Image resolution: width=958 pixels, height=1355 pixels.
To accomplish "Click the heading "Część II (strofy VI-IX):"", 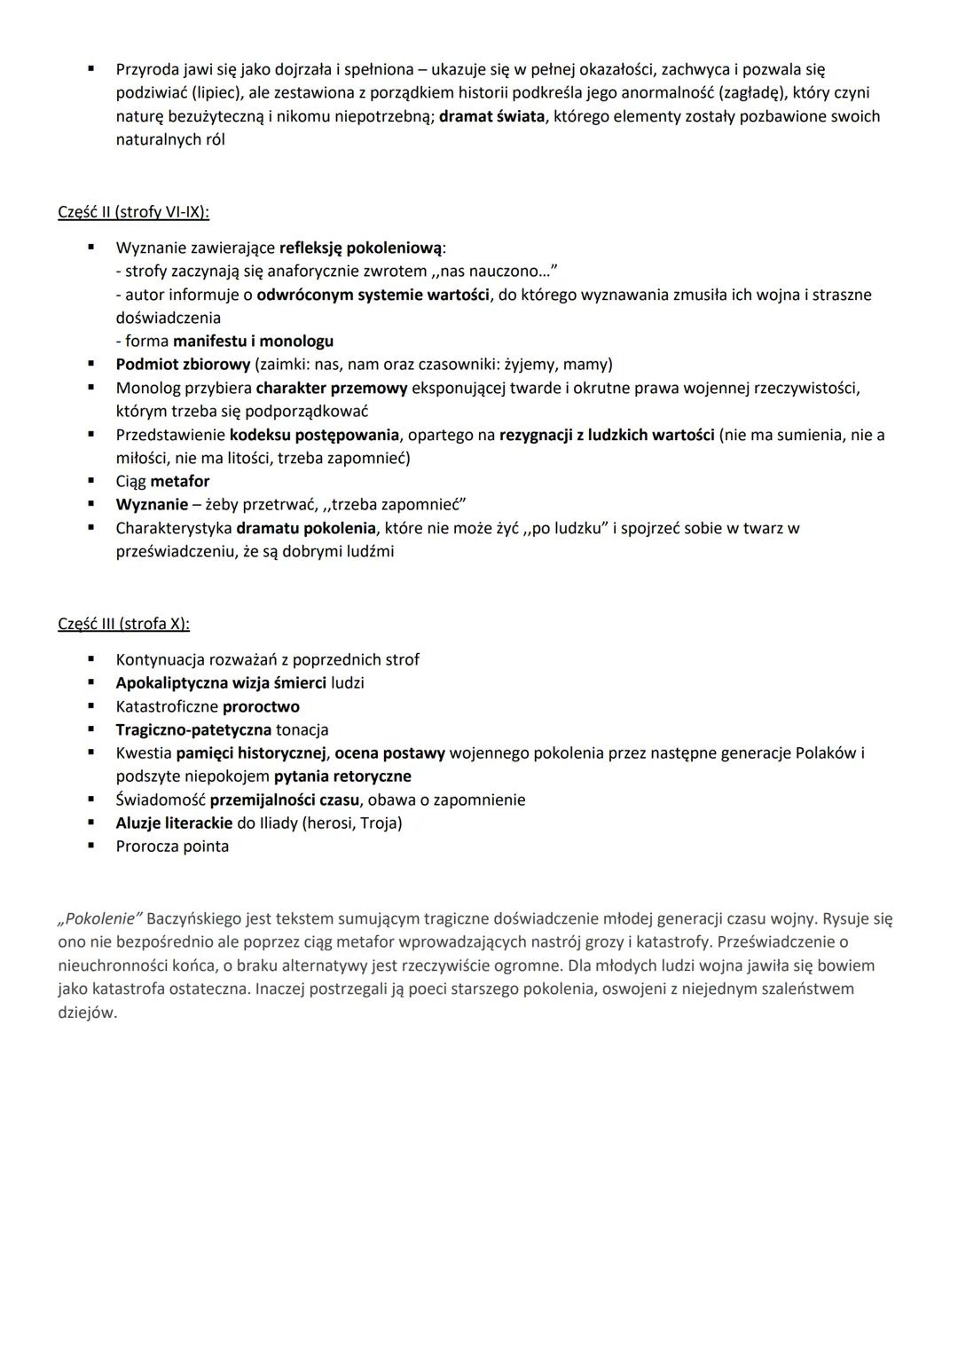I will pyautogui.click(x=133, y=212).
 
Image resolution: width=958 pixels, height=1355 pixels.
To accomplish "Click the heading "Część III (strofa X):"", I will pyautogui.click(x=123, y=624).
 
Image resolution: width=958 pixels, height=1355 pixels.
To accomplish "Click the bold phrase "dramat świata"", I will pyautogui.click(x=491, y=116).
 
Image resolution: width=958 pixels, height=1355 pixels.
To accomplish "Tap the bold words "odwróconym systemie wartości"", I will pyautogui.click(x=373, y=295).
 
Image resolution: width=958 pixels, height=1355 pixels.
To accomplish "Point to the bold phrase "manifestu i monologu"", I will pyautogui.click(x=253, y=341).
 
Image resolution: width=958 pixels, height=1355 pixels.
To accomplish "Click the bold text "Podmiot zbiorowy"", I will pyautogui.click(x=183, y=365).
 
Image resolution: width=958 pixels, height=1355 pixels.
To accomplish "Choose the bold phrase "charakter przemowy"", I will pyautogui.click(x=331, y=388).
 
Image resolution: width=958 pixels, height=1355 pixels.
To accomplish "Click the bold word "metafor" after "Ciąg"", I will pyautogui.click(x=180, y=482).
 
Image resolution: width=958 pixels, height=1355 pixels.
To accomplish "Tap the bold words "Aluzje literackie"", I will pyautogui.click(x=174, y=823).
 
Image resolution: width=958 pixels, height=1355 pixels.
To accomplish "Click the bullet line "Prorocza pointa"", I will pyautogui.click(x=172, y=847).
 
